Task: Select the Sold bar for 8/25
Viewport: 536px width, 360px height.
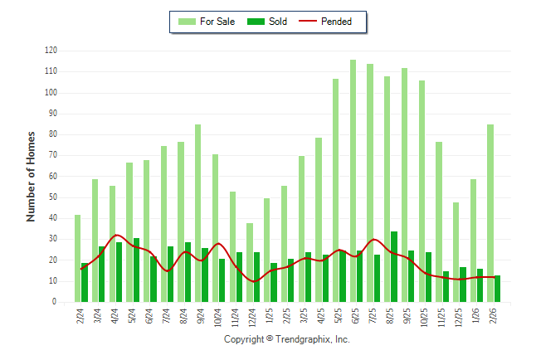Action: point(394,266)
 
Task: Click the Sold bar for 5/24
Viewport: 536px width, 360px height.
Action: point(136,270)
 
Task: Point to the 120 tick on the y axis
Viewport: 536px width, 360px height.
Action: point(51,51)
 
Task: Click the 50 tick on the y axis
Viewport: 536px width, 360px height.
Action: point(52,197)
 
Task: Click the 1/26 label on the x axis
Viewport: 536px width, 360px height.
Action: point(476,318)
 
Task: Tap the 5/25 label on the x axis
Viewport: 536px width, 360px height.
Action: point(339,318)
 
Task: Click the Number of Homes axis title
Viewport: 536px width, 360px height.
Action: point(31,176)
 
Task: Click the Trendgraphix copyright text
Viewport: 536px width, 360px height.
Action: point(287,339)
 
